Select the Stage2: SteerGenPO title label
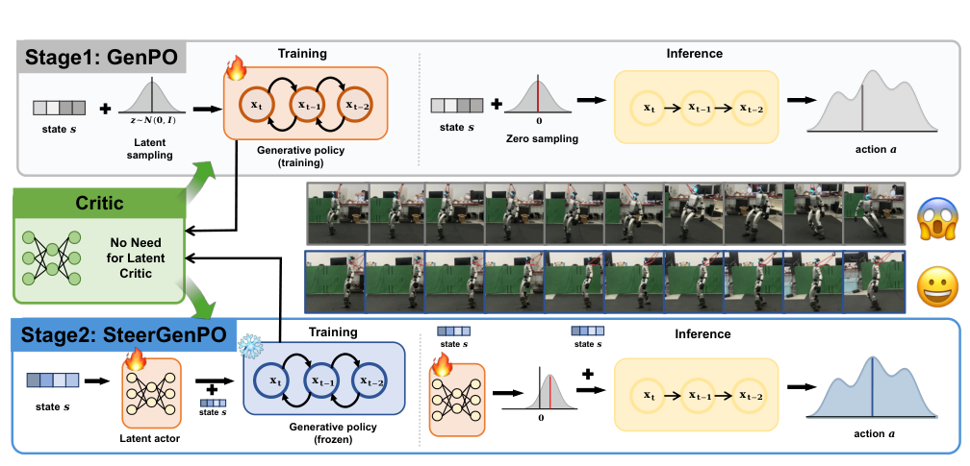(125, 335)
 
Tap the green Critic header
(98, 202)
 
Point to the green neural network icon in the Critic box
(51, 258)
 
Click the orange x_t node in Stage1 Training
(256, 105)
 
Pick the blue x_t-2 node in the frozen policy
(371, 382)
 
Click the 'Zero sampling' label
(542, 139)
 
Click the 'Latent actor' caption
(152, 438)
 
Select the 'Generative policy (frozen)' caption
(324, 433)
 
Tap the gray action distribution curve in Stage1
(872, 101)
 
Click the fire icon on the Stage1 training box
(235, 68)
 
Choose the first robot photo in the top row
(337, 212)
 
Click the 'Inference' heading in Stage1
(694, 53)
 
